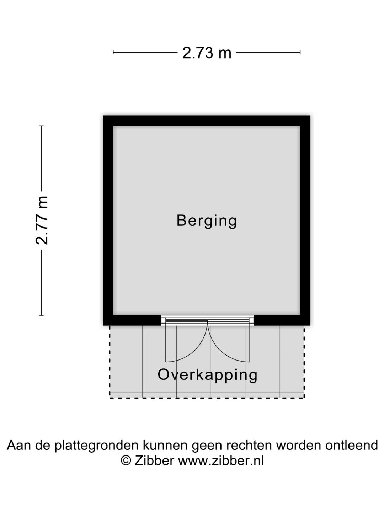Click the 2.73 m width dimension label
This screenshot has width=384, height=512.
207,53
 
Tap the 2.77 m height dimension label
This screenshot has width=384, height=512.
42,220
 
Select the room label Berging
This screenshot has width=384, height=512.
207,220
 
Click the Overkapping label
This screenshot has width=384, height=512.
207,375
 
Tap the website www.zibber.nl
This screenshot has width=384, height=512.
220,461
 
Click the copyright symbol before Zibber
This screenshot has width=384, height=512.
126,461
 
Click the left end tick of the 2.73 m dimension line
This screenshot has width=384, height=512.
113,53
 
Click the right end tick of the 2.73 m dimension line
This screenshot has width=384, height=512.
300,53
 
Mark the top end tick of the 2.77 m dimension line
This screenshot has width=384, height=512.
42,126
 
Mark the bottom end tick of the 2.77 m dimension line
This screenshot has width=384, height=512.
42,315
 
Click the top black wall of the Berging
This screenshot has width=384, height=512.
207,121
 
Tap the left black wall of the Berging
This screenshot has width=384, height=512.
108,220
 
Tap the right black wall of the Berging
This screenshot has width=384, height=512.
305,220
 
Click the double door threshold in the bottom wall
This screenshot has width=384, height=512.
207,320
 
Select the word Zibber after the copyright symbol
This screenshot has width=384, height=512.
154,461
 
